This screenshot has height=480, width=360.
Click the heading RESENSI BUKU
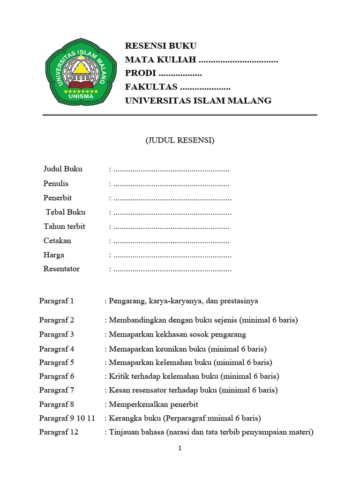(x=160, y=46)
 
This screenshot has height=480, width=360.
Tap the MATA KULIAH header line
(x=201, y=60)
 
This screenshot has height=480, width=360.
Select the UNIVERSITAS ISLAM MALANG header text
(x=198, y=101)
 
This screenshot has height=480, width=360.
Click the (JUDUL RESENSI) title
(x=180, y=140)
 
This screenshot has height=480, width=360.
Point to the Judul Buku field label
(x=63, y=169)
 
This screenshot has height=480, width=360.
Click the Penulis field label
(x=56, y=183)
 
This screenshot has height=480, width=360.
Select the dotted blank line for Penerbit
(x=172, y=198)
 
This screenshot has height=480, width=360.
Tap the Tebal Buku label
(x=66, y=212)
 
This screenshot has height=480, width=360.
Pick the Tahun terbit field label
(x=64, y=226)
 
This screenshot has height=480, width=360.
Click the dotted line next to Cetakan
(x=171, y=241)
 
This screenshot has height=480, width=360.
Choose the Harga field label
(x=54, y=255)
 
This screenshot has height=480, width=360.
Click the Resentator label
(x=61, y=269)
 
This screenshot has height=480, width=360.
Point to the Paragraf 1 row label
(x=56, y=301)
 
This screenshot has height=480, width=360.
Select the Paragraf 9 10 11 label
(x=67, y=418)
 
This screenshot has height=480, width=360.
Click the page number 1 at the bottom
(x=180, y=448)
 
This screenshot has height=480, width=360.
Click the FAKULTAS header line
(x=178, y=87)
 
